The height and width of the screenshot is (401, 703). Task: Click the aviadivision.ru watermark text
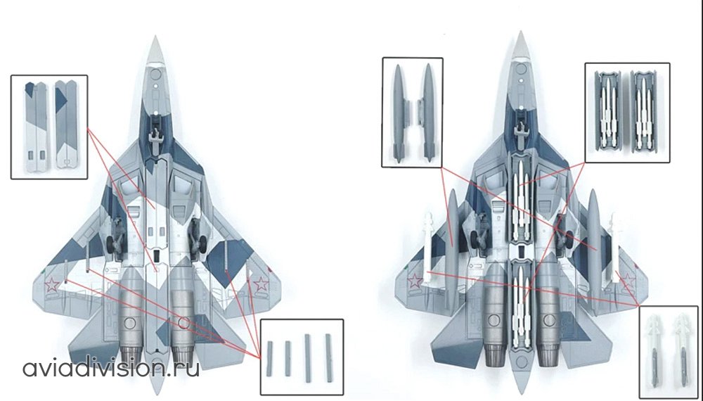click(111, 368)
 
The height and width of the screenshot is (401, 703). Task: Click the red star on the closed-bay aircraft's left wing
click(52, 284)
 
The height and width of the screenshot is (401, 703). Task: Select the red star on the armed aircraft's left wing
click(415, 281)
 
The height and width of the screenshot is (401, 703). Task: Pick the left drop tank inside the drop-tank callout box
click(398, 113)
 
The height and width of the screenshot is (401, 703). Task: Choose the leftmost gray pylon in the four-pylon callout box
click(269, 358)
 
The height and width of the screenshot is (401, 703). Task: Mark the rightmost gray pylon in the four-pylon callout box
click(328, 357)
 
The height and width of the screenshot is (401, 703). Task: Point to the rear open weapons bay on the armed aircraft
click(520, 305)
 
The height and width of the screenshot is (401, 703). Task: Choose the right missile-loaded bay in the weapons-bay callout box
click(644, 110)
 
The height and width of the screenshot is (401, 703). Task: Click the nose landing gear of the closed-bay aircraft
click(155, 134)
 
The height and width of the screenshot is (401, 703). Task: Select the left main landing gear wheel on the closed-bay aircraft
click(110, 244)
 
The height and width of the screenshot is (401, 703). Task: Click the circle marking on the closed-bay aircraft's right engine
click(183, 322)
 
